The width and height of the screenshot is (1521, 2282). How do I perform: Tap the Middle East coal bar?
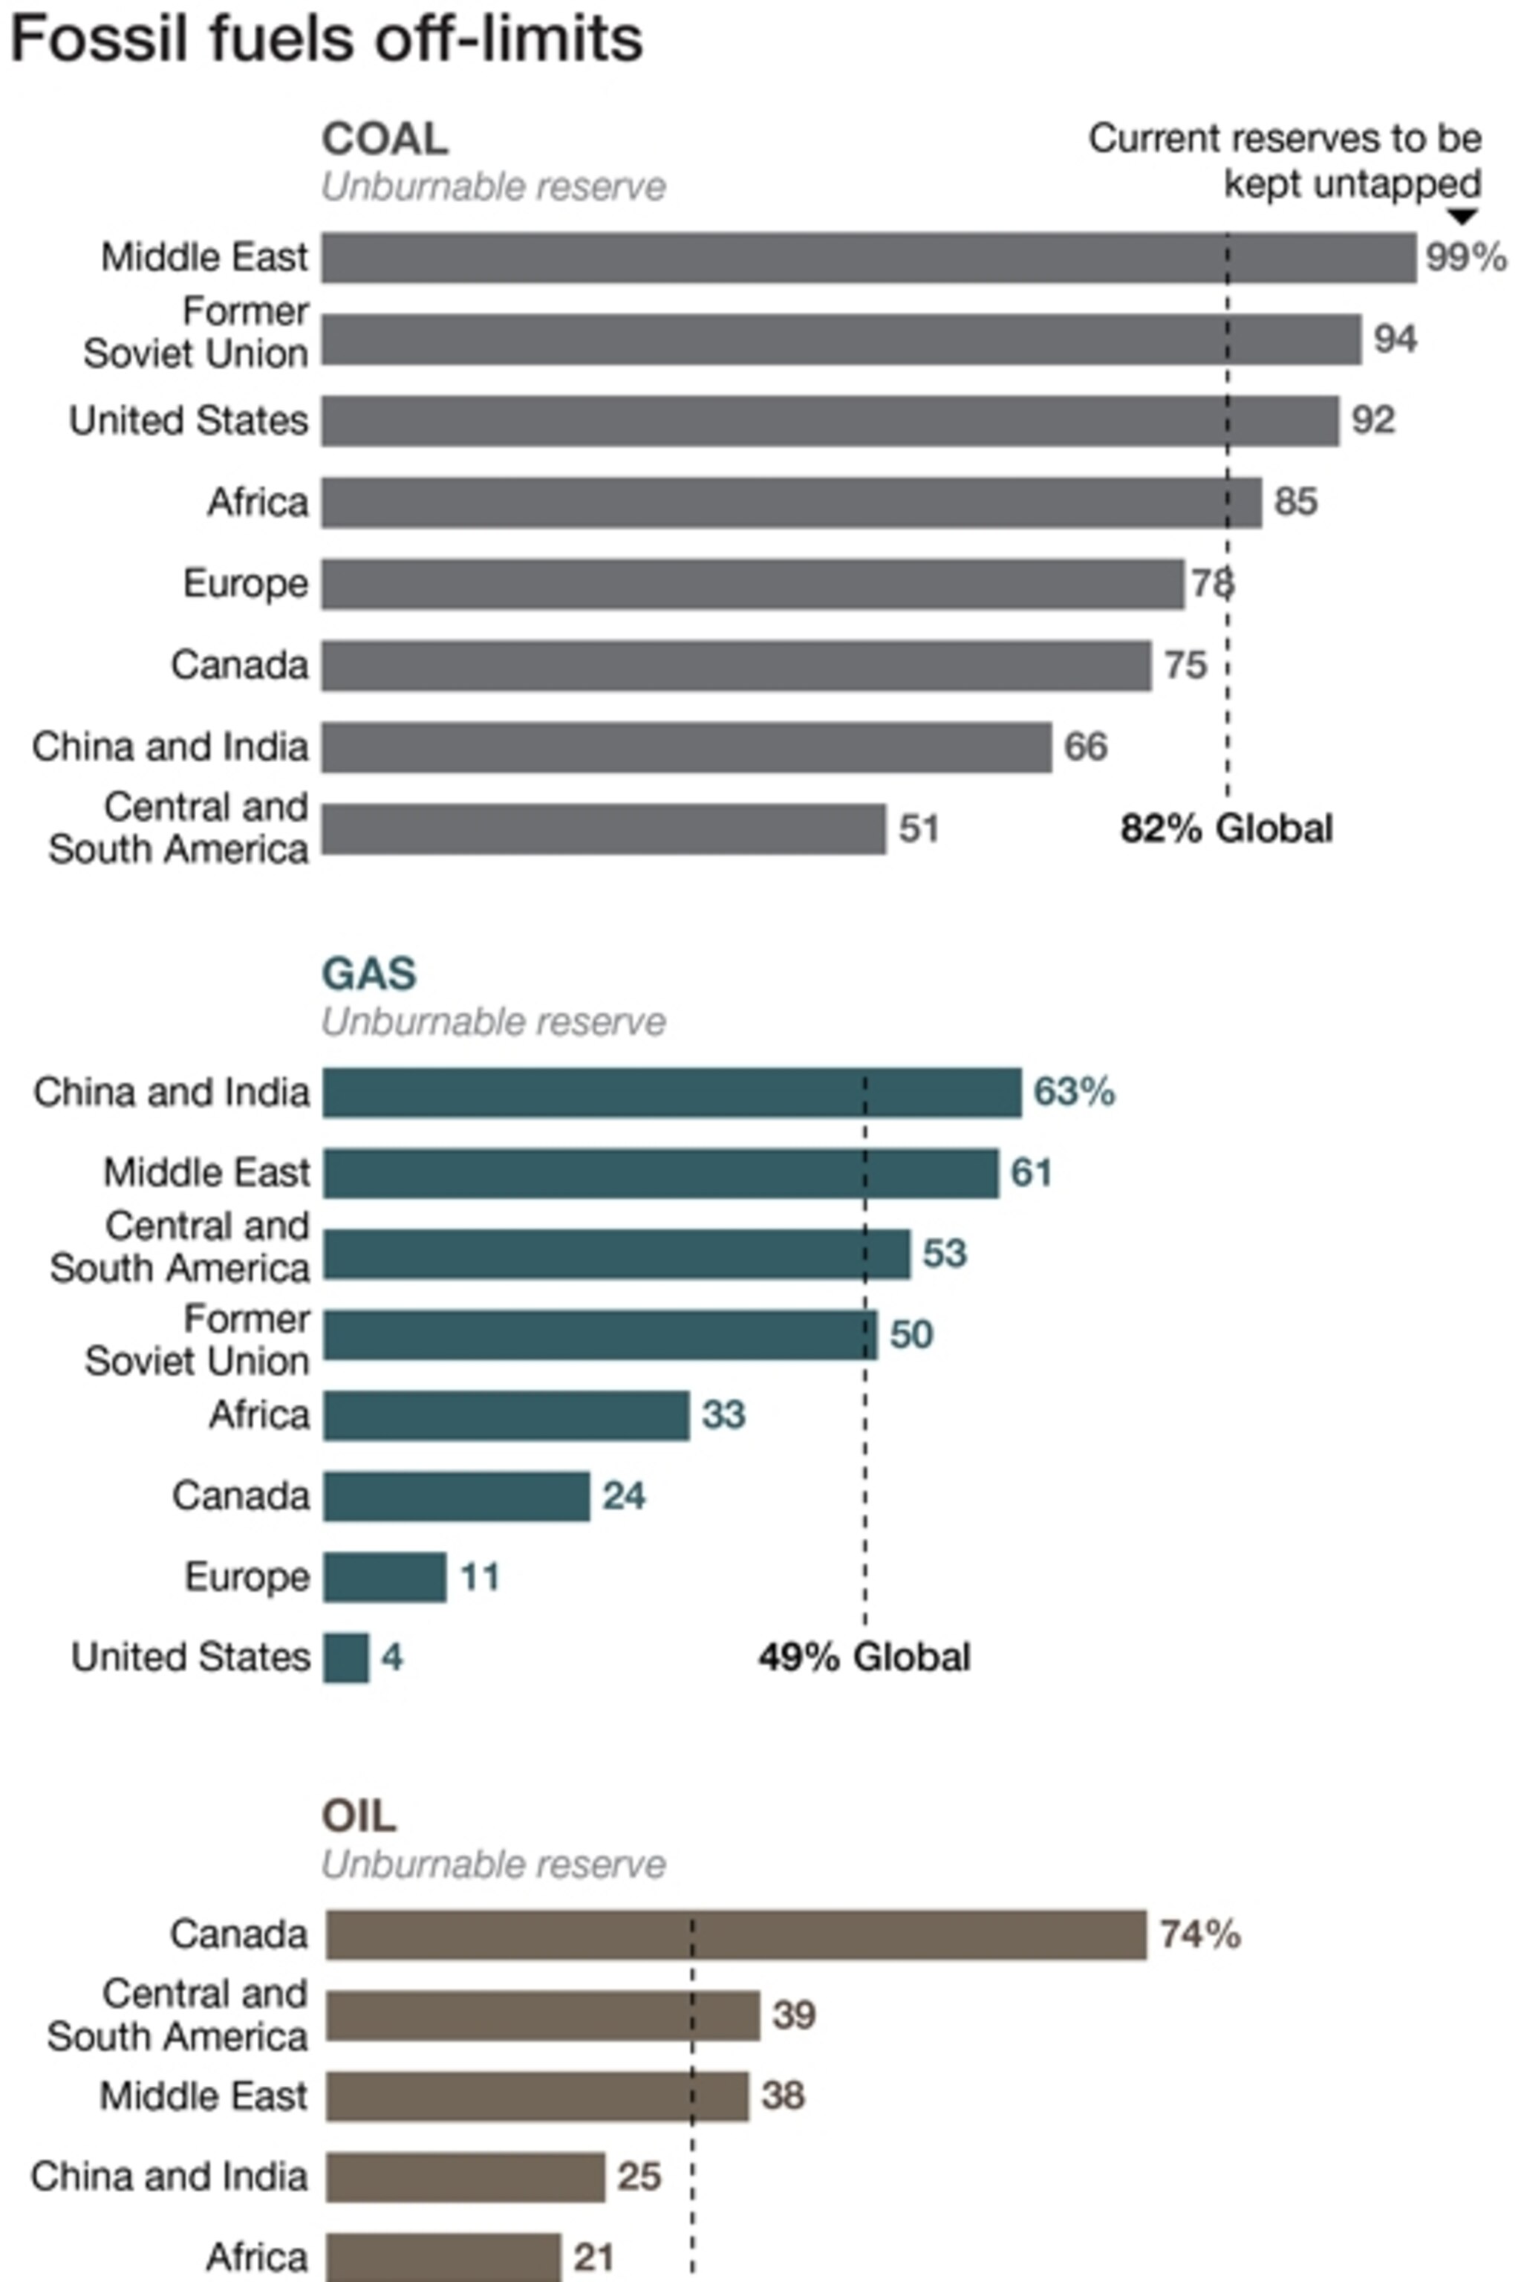(x=868, y=258)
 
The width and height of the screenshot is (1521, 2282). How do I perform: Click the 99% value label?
(x=1465, y=258)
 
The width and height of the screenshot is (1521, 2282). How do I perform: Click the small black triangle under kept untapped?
(x=1461, y=216)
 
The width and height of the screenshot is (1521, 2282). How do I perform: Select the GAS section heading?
(x=368, y=974)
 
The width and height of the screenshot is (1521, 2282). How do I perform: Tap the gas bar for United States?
(x=346, y=1658)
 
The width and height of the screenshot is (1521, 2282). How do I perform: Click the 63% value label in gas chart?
(x=1074, y=1093)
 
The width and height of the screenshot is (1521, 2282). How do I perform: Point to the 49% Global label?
(x=863, y=1657)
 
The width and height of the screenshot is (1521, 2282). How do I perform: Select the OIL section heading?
(x=359, y=1816)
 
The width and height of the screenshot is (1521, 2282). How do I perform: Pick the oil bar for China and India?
(x=466, y=2178)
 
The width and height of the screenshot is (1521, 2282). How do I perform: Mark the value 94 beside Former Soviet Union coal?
(x=1395, y=339)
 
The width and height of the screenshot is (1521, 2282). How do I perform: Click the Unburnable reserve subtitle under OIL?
(x=493, y=1865)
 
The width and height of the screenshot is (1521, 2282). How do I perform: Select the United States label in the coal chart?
(x=188, y=421)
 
